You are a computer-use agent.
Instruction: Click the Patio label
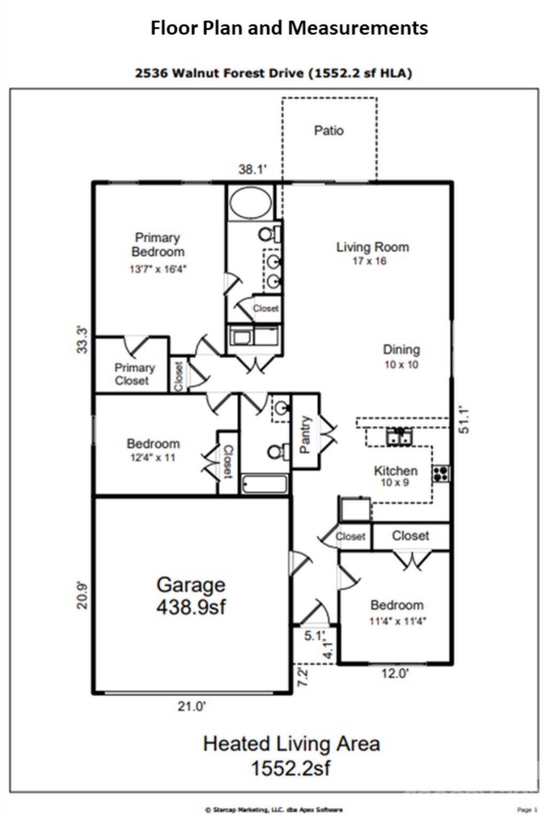328,131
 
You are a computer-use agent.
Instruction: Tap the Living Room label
372,247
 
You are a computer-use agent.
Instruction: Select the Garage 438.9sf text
191,595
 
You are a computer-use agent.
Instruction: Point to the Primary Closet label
134,374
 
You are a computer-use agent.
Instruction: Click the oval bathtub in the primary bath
250,202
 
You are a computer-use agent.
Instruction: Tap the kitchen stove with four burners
441,474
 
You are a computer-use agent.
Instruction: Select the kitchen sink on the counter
400,436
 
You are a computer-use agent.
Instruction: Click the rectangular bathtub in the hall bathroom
264,484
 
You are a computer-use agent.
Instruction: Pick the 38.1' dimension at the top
253,170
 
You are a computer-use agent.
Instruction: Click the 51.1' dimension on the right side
464,420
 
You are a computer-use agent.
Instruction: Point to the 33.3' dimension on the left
82,339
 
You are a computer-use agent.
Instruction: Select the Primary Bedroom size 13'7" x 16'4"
158,269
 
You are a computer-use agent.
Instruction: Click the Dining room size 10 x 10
401,365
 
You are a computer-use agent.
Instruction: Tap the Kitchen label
395,471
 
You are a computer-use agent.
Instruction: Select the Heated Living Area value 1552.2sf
291,768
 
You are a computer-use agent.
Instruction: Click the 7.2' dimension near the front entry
302,678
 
